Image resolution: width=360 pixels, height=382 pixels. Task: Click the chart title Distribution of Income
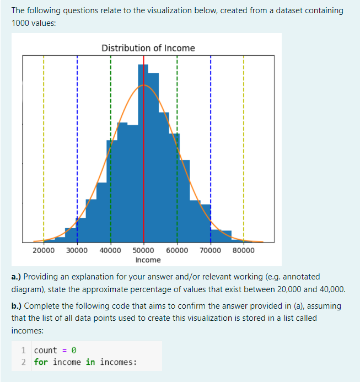[148, 48]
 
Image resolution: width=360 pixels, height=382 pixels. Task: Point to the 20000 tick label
[44, 250]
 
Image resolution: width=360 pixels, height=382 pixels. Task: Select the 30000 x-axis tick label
[77, 250]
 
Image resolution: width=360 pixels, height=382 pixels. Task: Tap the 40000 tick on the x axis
[110, 250]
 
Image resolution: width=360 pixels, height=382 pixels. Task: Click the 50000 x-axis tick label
[143, 250]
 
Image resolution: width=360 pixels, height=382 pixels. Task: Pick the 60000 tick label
[177, 250]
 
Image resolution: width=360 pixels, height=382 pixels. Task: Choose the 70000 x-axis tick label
[210, 250]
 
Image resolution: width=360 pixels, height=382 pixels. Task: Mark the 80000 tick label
[244, 250]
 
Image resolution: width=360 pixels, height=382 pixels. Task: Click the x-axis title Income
[148, 260]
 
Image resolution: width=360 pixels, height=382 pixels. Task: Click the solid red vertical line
[143, 165]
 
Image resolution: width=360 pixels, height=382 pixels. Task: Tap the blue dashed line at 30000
[77, 138]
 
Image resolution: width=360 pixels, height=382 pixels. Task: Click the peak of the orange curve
[143, 85]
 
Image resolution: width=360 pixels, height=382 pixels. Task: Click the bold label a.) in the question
[17, 276]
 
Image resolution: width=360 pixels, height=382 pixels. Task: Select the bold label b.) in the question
[17, 305]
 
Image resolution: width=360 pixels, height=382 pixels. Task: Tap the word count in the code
[45, 350]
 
